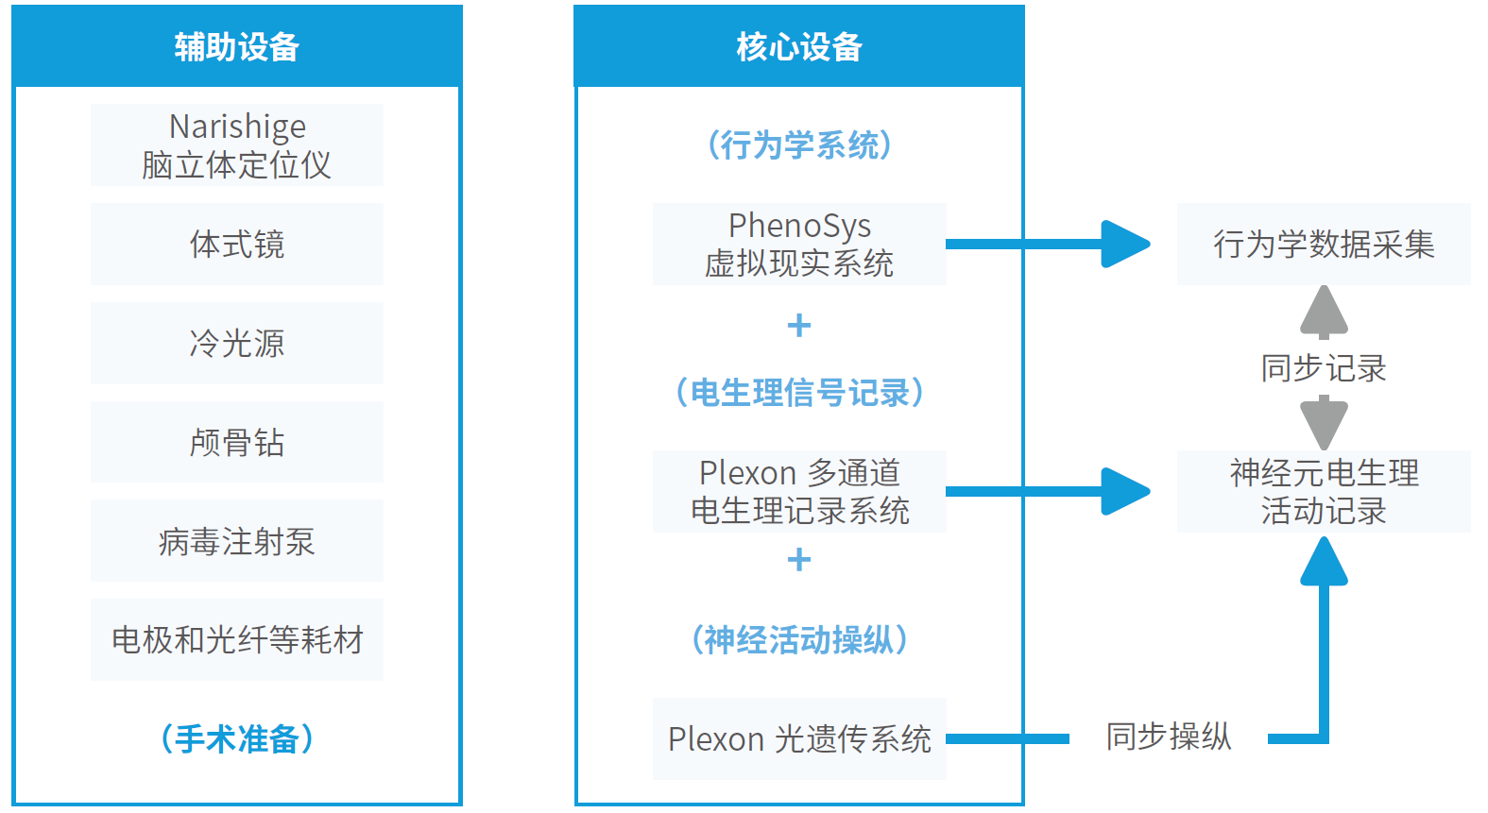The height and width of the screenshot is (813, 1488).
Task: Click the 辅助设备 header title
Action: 236,47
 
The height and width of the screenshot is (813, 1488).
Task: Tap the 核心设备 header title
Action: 799,47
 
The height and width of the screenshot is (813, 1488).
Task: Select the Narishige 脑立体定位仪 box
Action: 237,144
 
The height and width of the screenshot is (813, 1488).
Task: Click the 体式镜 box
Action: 237,244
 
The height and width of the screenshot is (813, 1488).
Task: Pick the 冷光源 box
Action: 237,343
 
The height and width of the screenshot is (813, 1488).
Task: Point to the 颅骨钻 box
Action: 237,442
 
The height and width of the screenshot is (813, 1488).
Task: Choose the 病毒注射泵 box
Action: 237,541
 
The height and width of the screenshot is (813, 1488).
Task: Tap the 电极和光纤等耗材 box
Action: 237,640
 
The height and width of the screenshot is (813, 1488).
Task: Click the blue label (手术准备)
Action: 237,738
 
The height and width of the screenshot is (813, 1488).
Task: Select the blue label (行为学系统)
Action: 799,144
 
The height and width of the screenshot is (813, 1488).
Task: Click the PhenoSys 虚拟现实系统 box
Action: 799,244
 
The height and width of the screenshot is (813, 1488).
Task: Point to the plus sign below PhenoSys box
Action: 799,326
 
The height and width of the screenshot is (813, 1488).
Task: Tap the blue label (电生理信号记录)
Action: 799,392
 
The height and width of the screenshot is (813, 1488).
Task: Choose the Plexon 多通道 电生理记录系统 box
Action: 799,491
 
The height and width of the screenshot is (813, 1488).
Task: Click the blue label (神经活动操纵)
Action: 799,640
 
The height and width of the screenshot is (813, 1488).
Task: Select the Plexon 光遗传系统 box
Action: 799,738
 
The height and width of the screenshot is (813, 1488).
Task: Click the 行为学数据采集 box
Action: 1324,244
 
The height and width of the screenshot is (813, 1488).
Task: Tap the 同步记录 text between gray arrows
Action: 1324,367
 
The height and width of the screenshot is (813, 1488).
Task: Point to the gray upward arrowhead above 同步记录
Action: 1324,311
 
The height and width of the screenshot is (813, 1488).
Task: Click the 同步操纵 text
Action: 1169,737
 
